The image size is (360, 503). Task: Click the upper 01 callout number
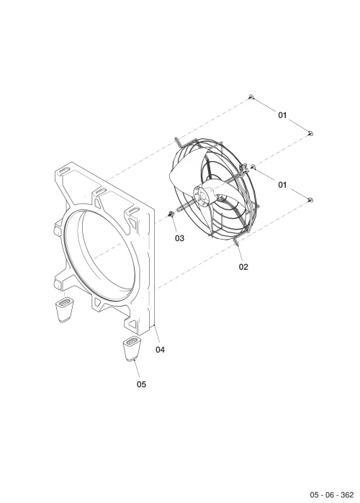[x=282, y=115]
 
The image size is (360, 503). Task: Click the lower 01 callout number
[x=282, y=185]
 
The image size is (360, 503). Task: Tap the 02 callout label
[x=243, y=267]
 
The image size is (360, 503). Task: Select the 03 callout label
[x=180, y=238]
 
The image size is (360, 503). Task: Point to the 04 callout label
[x=160, y=350]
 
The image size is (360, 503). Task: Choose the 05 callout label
[x=141, y=384]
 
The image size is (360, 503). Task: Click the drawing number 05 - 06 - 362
[x=332, y=494]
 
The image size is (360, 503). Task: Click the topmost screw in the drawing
[x=251, y=96]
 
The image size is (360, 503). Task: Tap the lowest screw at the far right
[x=310, y=200]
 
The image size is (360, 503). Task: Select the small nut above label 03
[x=171, y=214]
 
